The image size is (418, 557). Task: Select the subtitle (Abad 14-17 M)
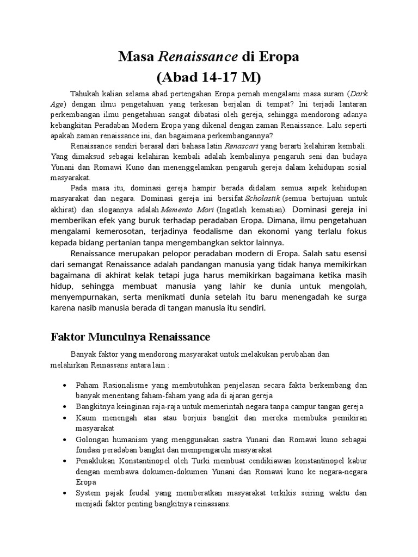(x=209, y=75)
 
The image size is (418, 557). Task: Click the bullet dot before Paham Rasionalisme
(x=65, y=386)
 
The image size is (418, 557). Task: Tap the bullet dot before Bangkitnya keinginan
(x=65, y=407)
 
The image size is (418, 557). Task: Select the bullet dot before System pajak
(x=65, y=493)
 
